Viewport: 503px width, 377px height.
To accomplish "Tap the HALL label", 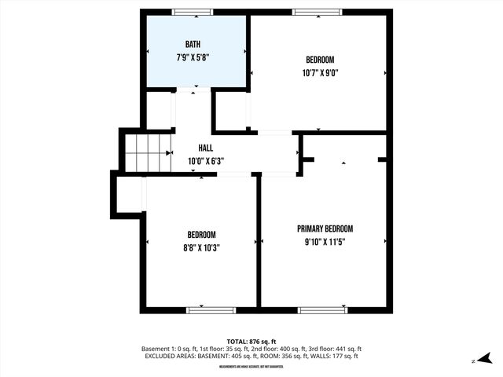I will [205, 148].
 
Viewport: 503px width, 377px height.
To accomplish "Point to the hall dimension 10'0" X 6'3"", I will [206, 161].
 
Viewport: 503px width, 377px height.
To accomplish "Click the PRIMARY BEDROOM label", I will [325, 229].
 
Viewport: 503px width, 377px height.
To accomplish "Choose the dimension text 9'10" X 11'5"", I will [325, 242].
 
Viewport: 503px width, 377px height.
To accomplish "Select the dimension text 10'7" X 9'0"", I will [320, 73].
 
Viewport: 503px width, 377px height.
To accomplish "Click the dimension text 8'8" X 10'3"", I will [201, 247].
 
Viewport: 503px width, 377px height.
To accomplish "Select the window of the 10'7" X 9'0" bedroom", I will [317, 12].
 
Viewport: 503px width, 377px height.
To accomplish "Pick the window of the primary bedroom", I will [323, 310].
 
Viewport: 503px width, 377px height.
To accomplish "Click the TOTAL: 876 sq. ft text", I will [251, 341].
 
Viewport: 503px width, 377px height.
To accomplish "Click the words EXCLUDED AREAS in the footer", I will [174, 357].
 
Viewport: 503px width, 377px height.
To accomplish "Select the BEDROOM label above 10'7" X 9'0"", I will [320, 60].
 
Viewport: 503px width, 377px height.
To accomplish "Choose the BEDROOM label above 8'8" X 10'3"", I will [201, 235].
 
